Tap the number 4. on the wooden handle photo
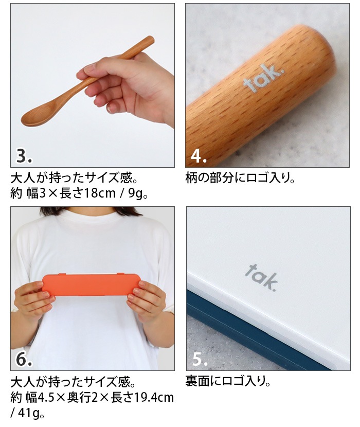(x=199, y=155)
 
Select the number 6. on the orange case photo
(x=24, y=359)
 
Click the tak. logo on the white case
(x=262, y=277)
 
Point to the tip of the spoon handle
(x=150, y=39)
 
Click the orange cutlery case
(x=91, y=284)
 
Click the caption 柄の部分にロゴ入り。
(x=240, y=179)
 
